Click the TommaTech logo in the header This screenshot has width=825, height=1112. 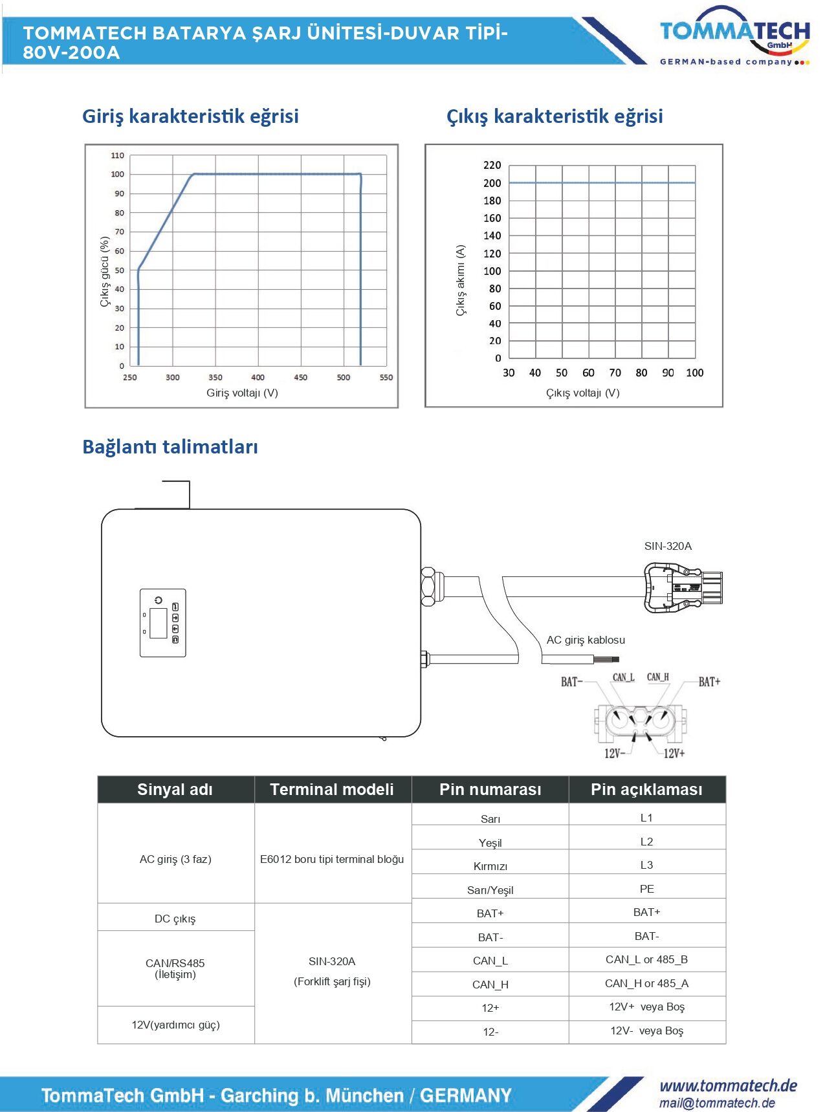coord(734,36)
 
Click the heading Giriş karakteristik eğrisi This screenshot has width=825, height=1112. coord(190,116)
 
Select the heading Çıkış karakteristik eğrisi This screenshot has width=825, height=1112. coord(555,116)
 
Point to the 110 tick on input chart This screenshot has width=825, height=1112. coord(117,156)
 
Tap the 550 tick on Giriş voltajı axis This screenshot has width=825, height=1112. coord(386,377)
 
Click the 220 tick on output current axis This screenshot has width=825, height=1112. coord(492,166)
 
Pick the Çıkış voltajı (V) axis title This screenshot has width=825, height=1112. coord(582,393)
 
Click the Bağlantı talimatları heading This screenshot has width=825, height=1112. coord(170,447)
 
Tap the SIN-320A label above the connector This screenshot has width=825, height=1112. coord(668,546)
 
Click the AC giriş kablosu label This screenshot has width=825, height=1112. coord(586,640)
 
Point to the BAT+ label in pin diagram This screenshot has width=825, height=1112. coord(709,682)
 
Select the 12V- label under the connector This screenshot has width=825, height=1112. coord(615,753)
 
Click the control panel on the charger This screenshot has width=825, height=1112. coord(163,623)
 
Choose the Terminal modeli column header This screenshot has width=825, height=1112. coord(332,789)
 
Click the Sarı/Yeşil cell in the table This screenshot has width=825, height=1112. coord(490,890)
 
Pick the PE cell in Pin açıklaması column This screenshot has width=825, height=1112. coord(646,889)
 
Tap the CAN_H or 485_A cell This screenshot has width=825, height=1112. coord(646,983)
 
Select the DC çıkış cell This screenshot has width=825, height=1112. coord(175,919)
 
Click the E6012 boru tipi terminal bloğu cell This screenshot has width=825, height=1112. coord(332,859)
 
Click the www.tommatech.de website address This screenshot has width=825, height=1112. coord(728,1085)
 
